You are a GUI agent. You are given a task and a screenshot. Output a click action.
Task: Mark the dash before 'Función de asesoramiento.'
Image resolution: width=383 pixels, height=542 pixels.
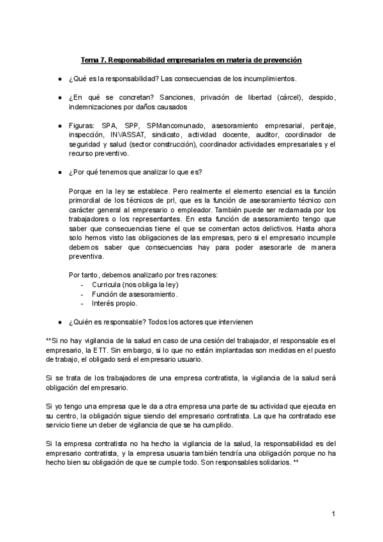84,294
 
